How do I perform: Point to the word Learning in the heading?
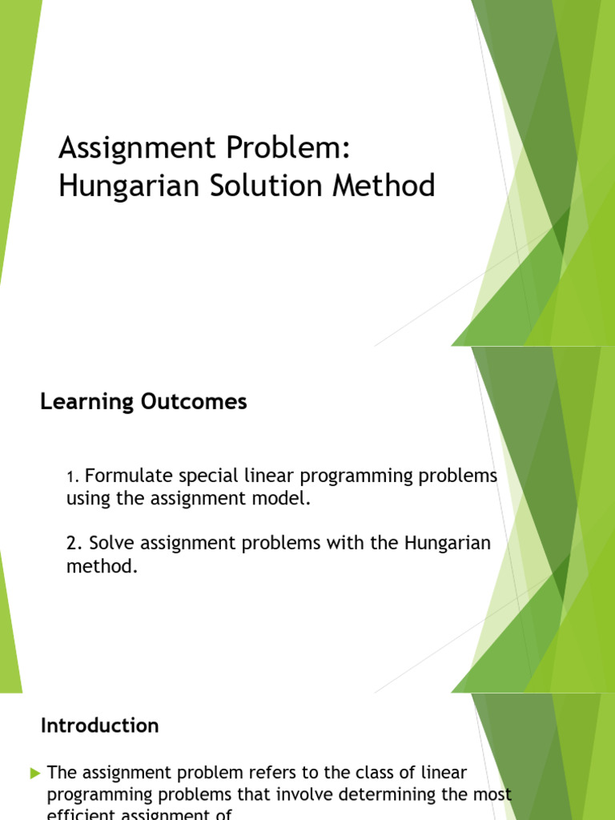click(75, 402)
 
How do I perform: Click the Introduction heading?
click(100, 726)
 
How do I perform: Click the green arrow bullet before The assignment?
click(34, 773)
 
